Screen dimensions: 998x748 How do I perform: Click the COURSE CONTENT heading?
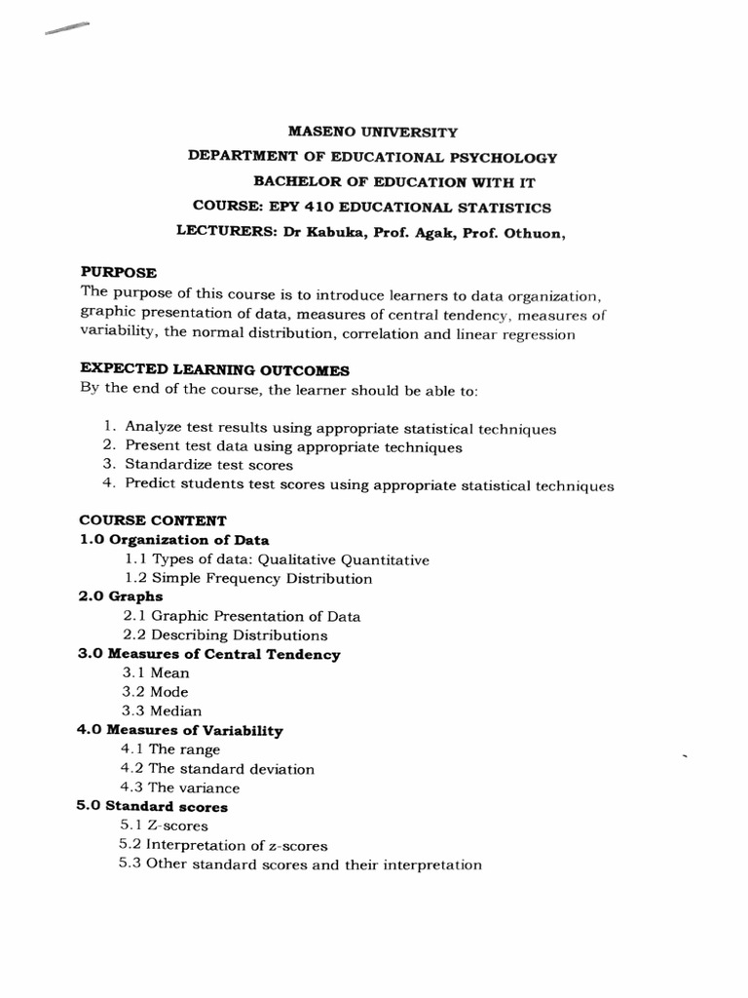click(153, 521)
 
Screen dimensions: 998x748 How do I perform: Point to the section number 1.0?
click(92, 540)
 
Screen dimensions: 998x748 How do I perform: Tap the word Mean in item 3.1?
click(169, 672)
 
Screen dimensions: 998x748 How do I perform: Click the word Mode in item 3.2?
click(169, 692)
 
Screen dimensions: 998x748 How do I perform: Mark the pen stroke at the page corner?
click(66, 29)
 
